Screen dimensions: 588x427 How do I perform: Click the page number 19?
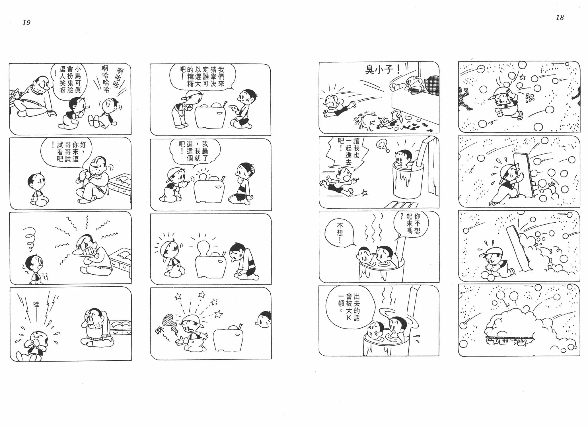pyautogui.click(x=26, y=22)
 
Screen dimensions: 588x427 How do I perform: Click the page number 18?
pyautogui.click(x=560, y=18)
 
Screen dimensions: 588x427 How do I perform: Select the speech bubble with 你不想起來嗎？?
pyautogui.click(x=408, y=225)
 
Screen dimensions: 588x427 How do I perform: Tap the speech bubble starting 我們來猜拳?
pyautogui.click(x=202, y=77)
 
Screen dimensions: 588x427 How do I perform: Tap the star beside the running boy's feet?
pyautogui.click(x=364, y=193)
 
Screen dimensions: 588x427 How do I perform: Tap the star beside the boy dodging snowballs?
pyautogui.click(x=523, y=77)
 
